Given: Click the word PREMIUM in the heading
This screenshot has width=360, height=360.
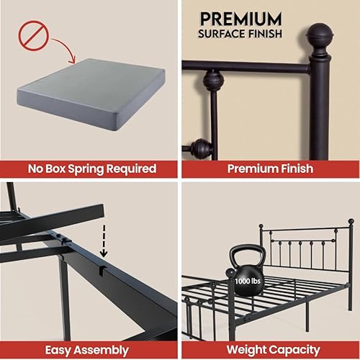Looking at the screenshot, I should pyautogui.click(x=240, y=17).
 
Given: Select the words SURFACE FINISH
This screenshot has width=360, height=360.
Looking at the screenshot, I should pyautogui.click(x=240, y=34).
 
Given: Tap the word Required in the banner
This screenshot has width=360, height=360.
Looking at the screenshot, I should pyautogui.click(x=135, y=169).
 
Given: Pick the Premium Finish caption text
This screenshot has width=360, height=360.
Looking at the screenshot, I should pyautogui.click(x=270, y=169).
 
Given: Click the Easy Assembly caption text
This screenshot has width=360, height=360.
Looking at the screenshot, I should pyautogui.click(x=90, y=350).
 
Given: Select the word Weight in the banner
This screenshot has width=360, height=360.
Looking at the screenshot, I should pyautogui.click(x=245, y=350).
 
